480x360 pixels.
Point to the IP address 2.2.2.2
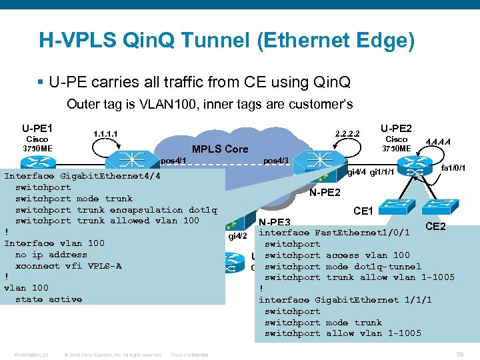pyautogui.click(x=347, y=134)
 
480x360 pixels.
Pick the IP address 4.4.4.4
pyautogui.click(x=438, y=142)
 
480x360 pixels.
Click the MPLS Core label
pyautogui.click(x=219, y=149)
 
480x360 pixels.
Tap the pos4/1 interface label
pyautogui.click(x=173, y=161)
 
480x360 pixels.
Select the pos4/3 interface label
pyautogui.click(x=276, y=161)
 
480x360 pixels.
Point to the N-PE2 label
pyautogui.click(x=326, y=193)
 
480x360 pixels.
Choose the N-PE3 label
pyautogui.click(x=274, y=222)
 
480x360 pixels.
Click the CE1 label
pyautogui.click(x=363, y=211)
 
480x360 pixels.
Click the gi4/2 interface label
pyautogui.click(x=238, y=235)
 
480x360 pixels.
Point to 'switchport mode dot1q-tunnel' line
pyautogui.click(x=343, y=267)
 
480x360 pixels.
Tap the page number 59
pyautogui.click(x=459, y=353)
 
